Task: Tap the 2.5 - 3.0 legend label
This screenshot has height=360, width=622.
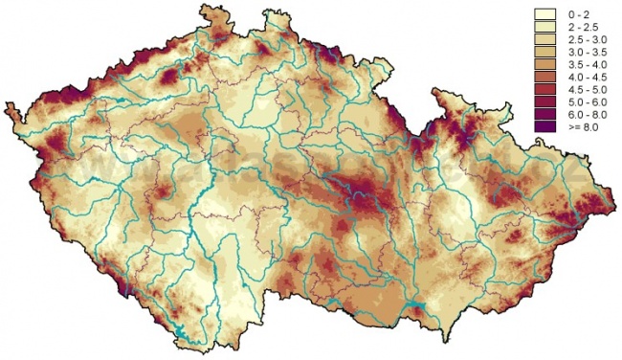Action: tap(583, 40)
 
